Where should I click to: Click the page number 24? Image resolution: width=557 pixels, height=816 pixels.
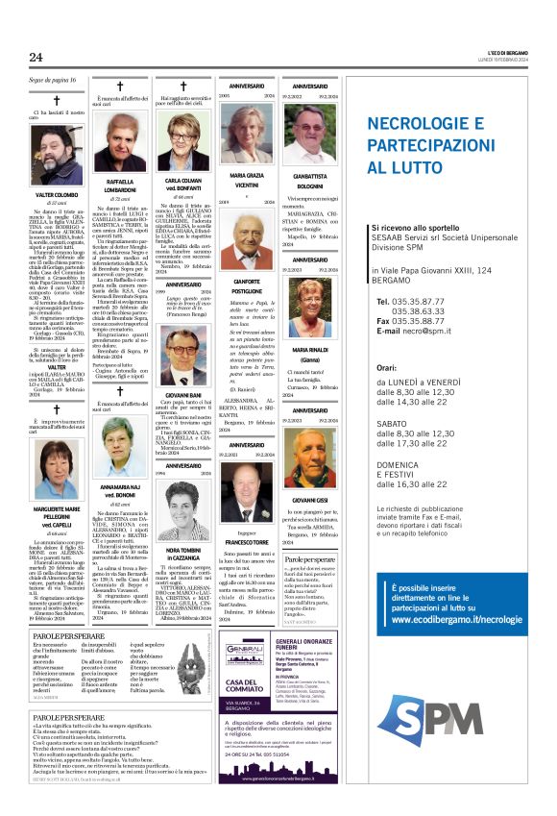pos(35,58)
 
